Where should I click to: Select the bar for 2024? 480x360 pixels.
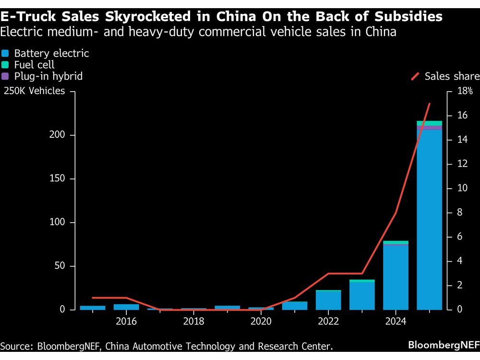pyautogui.click(x=396, y=277)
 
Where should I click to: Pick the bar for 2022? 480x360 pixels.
pyautogui.click(x=328, y=300)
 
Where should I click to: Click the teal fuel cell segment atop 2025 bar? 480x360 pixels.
pyautogui.click(x=429, y=123)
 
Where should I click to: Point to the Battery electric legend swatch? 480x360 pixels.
pyautogui.click(x=6, y=53)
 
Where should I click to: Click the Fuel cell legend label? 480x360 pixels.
pyautogui.click(x=34, y=65)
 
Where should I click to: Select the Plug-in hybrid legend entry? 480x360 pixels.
pyautogui.click(x=48, y=76)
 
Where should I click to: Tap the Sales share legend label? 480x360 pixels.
pyautogui.click(x=452, y=76)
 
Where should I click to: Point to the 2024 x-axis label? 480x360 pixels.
pyautogui.click(x=396, y=321)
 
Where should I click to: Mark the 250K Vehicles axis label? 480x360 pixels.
pyautogui.click(x=34, y=91)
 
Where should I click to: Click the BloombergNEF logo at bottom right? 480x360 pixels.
pyautogui.click(x=444, y=345)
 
